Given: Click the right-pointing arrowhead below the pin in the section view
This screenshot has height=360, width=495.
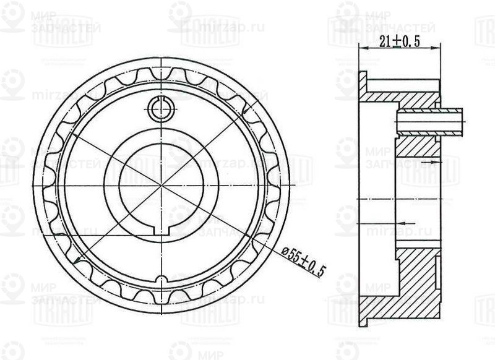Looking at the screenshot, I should [436, 160].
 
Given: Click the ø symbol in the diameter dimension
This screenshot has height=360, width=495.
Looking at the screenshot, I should [285, 251].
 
